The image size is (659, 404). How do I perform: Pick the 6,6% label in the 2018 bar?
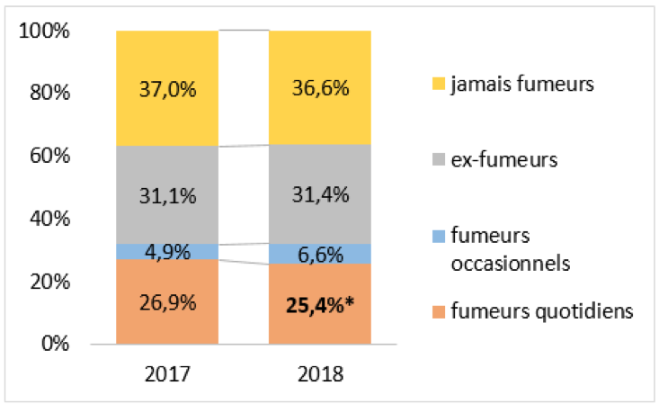320,255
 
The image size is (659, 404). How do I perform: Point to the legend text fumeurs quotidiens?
541,312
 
